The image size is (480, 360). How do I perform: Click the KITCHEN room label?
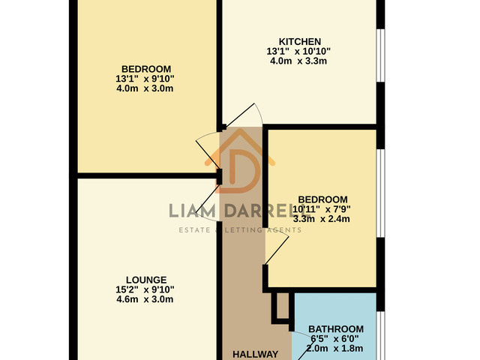[x=300, y=41]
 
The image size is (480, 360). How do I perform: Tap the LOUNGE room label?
[x=146, y=280]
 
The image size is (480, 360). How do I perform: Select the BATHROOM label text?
[x=336, y=329]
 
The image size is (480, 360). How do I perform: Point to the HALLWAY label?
[x=255, y=354]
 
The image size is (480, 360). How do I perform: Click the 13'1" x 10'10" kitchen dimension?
[x=298, y=51]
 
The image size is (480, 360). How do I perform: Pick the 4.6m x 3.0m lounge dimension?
[x=145, y=299]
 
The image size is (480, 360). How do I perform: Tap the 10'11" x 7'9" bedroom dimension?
[x=322, y=209]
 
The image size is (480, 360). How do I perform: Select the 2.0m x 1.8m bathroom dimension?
[x=334, y=348]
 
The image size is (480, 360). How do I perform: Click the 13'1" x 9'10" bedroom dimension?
[x=145, y=79]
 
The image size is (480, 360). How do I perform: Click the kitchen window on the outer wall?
[x=380, y=55]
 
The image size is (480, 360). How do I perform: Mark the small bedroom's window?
[x=380, y=193]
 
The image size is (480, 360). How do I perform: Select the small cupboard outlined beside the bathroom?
[x=280, y=308]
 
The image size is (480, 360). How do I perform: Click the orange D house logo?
[x=240, y=161]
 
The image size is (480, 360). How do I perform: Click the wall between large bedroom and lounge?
[x=147, y=175]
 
